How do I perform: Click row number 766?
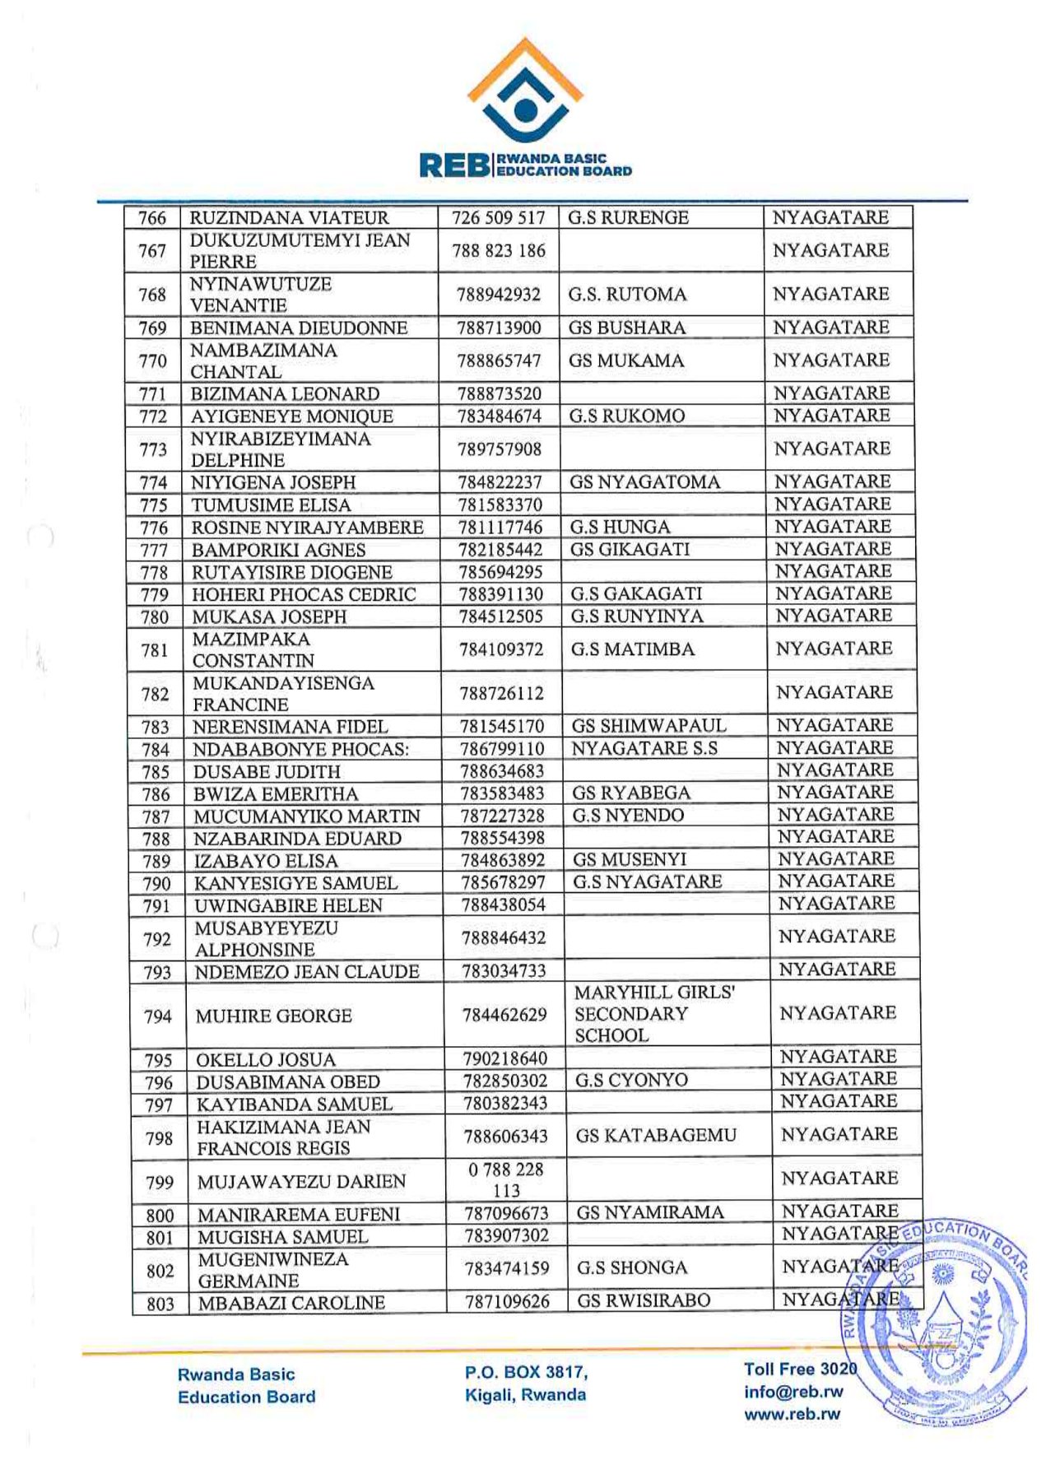pos(152,218)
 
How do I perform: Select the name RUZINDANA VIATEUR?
pos(289,218)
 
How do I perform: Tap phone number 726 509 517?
pos(499,218)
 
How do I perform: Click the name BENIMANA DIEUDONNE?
pos(299,328)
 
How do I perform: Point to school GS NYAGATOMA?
pos(644,482)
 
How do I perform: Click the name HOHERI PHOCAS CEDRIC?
pos(305,594)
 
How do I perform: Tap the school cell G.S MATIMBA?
pos(633,649)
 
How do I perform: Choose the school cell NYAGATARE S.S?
pos(644,748)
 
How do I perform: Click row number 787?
pos(156,816)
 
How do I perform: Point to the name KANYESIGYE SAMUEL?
pos(295,883)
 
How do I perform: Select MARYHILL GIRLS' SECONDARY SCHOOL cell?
pos(654,1014)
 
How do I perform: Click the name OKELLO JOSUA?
pos(265,1059)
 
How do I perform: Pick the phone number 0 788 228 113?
pos(506,1180)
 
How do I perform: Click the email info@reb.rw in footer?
pos(793,1392)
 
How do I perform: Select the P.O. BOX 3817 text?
pos(526,1372)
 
